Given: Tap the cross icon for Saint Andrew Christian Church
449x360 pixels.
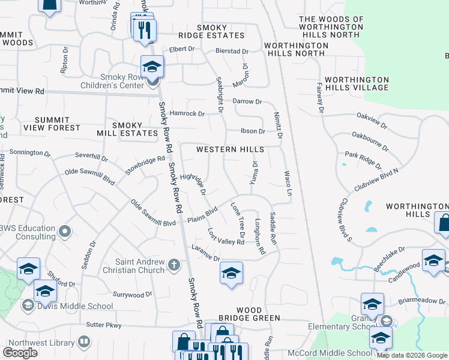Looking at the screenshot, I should tap(174, 265).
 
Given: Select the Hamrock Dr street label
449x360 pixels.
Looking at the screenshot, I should tap(187, 113).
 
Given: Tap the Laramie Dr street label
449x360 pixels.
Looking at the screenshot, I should tap(205, 253).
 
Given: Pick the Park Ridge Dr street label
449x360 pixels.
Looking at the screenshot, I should tap(363, 161).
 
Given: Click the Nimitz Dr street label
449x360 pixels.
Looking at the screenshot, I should tap(277, 125).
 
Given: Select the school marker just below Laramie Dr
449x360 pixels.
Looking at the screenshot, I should tap(231, 274).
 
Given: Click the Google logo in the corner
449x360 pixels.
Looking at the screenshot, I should tap(20, 353).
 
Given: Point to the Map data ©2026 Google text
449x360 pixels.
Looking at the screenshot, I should tap(412, 355).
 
